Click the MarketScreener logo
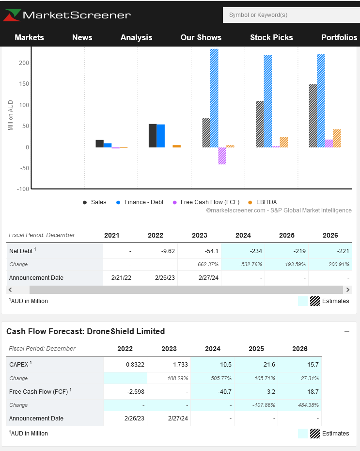[x=67, y=15]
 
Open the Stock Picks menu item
[x=271, y=37]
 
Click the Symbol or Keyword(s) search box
[x=291, y=15]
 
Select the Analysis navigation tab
[x=136, y=37]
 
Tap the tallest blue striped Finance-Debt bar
[x=214, y=97]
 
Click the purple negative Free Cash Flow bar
[x=222, y=156]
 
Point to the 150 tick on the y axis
[x=24, y=84]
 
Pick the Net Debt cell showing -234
[x=243, y=251]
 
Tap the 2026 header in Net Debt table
[x=330, y=235]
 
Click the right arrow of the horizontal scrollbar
[x=347, y=290]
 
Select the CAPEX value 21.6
[x=256, y=364]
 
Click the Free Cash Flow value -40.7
[x=212, y=391]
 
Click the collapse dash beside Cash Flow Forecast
[x=347, y=332]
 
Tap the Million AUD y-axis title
[x=11, y=115]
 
